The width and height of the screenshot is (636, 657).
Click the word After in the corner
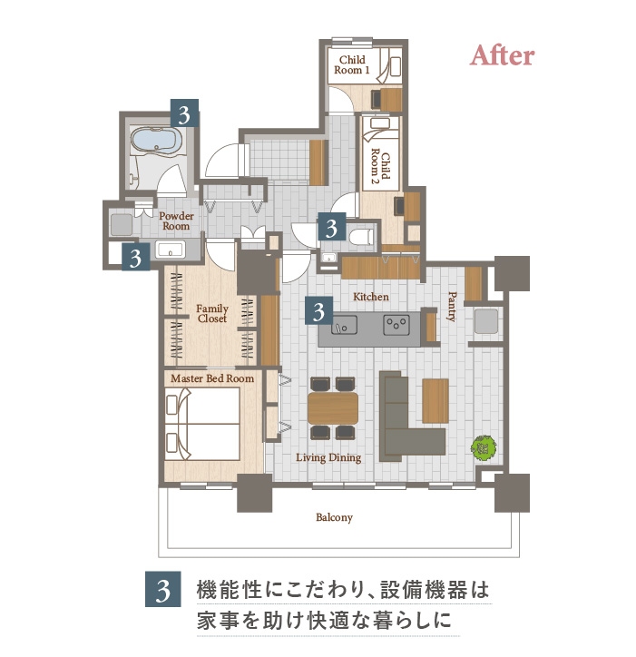pos(502,55)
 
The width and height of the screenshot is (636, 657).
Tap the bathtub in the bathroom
pos(156,141)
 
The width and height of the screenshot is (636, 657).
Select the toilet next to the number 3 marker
pos(361,236)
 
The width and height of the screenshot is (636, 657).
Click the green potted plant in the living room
pos(484,448)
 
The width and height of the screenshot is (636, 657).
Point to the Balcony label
pos(334,517)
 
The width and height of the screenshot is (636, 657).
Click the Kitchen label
pos(371,297)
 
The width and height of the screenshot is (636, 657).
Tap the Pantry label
pos(452,307)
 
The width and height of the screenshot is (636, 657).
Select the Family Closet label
pos(212,313)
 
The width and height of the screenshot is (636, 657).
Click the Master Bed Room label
pos(212,378)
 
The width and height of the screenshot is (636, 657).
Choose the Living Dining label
pos(328,457)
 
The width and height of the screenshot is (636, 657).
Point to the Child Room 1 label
pos(352,65)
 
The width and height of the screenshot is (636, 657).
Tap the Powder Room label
pos(176,221)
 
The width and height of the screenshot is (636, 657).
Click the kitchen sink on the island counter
pos(345,325)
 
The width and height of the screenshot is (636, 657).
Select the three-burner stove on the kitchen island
pos(396,325)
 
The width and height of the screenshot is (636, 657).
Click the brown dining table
pos(333,407)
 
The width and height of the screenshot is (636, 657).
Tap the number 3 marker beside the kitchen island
pos(318,311)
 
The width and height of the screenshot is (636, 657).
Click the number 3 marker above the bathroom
pos(184,113)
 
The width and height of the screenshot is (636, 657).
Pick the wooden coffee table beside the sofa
pos(435,400)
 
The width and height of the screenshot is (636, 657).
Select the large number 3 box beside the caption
pos(163,589)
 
